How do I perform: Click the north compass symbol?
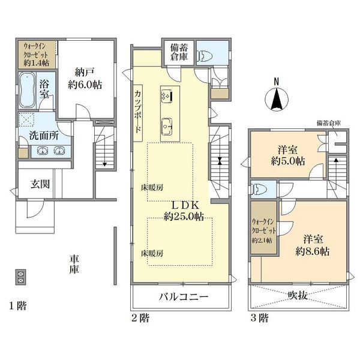click(x=277, y=96)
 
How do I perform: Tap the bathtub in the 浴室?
click(x=27, y=90)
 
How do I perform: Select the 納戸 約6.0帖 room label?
click(x=85, y=79)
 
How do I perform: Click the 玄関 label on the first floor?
click(x=40, y=184)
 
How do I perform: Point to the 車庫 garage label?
click(x=74, y=264)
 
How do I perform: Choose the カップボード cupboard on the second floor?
click(x=138, y=113)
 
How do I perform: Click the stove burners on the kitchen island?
click(x=167, y=97)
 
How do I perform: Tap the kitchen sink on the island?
click(x=167, y=126)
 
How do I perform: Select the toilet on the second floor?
click(x=205, y=55)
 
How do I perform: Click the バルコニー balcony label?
click(x=184, y=297)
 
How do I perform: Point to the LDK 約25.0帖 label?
click(x=184, y=211)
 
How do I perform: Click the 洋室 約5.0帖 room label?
click(x=288, y=155)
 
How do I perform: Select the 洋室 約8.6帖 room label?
click(x=312, y=245)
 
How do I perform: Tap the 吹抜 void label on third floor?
click(x=298, y=296)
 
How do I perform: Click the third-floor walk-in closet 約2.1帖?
click(x=263, y=227)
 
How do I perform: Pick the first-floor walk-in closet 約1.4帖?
click(x=37, y=55)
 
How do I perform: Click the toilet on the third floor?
click(x=257, y=190)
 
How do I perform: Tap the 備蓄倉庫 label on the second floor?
click(x=179, y=52)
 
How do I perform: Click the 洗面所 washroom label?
click(x=44, y=136)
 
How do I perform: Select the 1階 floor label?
click(x=18, y=306)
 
